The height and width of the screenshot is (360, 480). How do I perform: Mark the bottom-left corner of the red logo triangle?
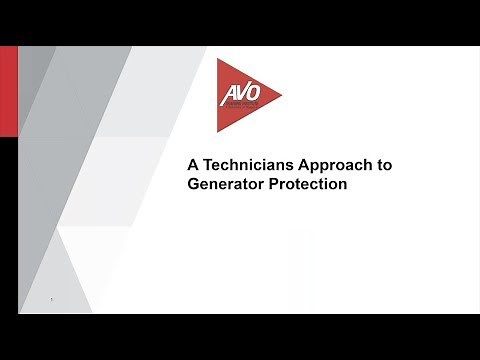219,132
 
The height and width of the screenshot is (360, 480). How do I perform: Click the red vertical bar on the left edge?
7,91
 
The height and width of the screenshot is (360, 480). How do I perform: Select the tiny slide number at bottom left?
51,299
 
